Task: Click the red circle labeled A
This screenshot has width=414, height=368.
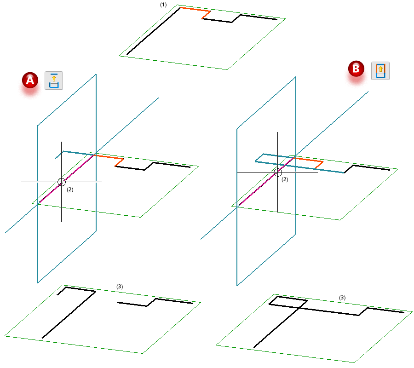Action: coord(30,80)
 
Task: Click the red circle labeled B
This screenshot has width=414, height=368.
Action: coord(356,69)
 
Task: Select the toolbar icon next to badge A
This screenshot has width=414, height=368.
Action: coord(54,80)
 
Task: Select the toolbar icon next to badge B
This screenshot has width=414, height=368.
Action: coord(380,71)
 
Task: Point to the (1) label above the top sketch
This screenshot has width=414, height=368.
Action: coord(163,5)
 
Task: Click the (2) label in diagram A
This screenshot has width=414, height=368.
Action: coord(70,190)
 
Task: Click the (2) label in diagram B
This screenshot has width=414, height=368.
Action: coord(285,179)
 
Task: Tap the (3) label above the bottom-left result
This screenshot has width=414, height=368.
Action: coord(120,287)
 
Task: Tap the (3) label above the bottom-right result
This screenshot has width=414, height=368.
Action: coord(342,298)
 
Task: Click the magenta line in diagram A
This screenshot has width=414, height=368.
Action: coord(66,179)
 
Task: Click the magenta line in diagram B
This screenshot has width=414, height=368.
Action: coord(266,181)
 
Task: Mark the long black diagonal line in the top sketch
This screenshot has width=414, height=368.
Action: coord(154,31)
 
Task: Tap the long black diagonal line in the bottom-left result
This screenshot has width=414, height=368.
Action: coord(69,315)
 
